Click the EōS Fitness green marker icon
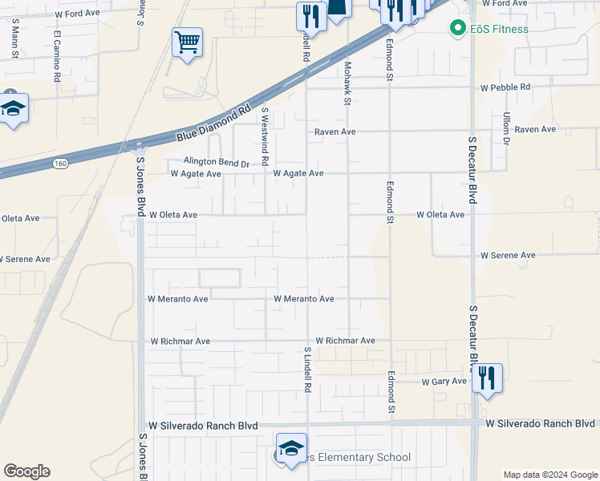tap(458, 30)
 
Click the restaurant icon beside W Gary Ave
tap(487, 378)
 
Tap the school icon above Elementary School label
tap(291, 447)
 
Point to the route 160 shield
tap(60, 164)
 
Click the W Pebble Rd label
tap(505, 87)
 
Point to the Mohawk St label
tap(347, 84)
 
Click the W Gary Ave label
tap(444, 382)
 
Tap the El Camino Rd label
tap(58, 56)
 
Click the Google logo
tap(26, 471)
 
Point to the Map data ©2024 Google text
tap(550, 475)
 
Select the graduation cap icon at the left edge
tap(12, 109)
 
